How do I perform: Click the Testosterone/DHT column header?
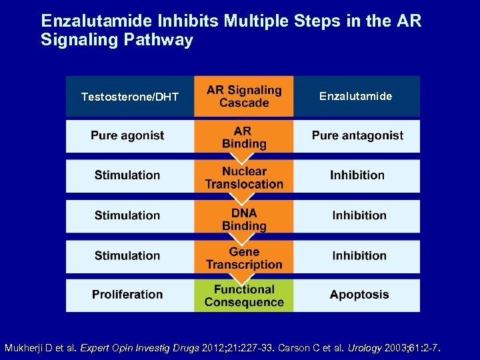tap(130, 97)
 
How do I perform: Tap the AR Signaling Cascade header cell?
tap(244, 97)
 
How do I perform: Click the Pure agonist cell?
tap(127, 136)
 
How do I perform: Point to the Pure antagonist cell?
tap(357, 136)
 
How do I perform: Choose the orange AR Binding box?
tap(244, 137)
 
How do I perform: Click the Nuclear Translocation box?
tap(244, 177)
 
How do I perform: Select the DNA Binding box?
tap(244, 218)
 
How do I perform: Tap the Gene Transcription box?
tap(244, 258)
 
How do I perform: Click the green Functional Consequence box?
tap(244, 295)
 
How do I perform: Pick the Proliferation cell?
tap(127, 295)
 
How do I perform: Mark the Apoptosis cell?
tap(359, 295)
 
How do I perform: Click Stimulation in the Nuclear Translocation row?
tap(127, 175)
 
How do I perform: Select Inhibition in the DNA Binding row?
tap(359, 215)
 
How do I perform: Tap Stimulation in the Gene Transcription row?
tap(127, 255)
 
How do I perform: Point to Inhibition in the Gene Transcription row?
tap(359, 255)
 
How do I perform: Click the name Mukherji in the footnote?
tap(25, 348)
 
